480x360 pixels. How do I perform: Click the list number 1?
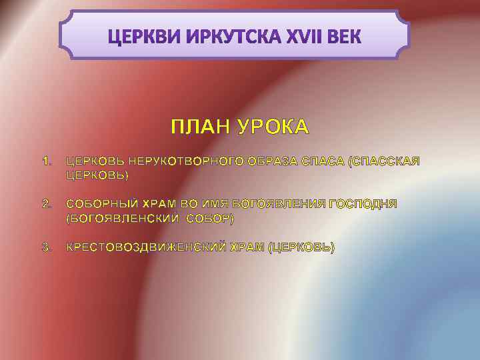tap(45, 161)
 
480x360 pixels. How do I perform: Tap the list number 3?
tap(45, 247)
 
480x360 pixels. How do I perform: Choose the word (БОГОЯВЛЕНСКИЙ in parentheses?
tap(123, 218)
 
